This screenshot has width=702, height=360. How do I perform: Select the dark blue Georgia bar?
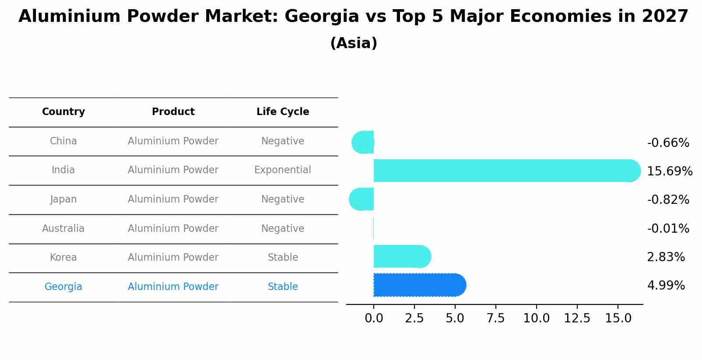tap(418, 285)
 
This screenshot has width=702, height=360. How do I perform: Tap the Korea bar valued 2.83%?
tap(400, 256)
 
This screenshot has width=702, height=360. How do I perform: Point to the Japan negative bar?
tap(362, 199)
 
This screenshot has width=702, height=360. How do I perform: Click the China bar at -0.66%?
tap(363, 142)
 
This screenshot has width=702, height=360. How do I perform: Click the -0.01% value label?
tap(668, 228)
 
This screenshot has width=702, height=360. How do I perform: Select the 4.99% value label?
tap(666, 286)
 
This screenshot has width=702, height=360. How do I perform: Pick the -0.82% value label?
tap(668, 199)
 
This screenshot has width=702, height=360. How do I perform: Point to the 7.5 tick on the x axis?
tap(495, 318)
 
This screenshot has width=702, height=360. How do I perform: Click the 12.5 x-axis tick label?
tap(577, 318)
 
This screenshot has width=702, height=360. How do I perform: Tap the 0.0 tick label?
tap(374, 318)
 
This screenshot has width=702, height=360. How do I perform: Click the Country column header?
tap(63, 112)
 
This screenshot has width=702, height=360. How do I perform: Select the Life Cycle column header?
tap(283, 112)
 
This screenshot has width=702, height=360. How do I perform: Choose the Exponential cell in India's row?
tap(283, 170)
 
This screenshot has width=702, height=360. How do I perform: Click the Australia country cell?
tap(63, 228)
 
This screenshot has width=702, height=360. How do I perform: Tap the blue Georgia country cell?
tap(63, 287)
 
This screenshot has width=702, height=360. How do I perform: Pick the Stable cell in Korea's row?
tap(283, 257)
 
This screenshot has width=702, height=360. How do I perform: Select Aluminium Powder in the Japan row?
tap(173, 199)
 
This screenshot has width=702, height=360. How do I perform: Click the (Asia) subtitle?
tap(354, 43)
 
